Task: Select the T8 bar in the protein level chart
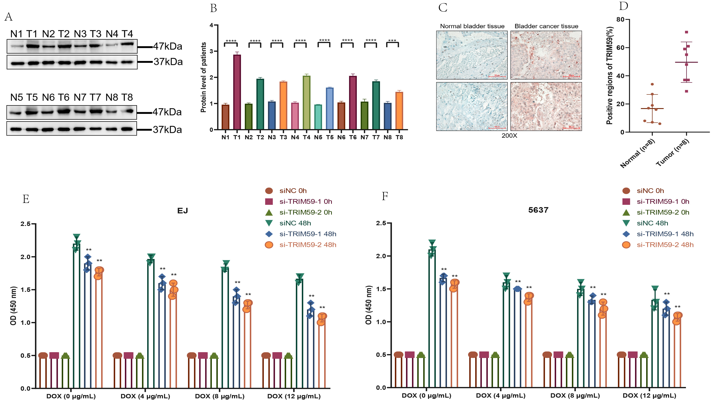click(399, 111)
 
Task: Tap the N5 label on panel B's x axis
click(318, 137)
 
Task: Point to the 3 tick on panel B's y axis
click(212, 51)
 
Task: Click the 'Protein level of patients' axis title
click(203, 77)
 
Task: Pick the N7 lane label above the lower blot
click(80, 97)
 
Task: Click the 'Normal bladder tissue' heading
click(472, 26)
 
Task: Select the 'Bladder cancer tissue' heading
click(546, 26)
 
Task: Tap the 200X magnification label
click(509, 136)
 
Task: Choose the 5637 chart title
click(538, 210)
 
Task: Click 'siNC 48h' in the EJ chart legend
click(295, 223)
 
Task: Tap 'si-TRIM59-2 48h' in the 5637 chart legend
click(665, 245)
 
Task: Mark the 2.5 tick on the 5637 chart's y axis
click(381, 223)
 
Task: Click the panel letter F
click(385, 196)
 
